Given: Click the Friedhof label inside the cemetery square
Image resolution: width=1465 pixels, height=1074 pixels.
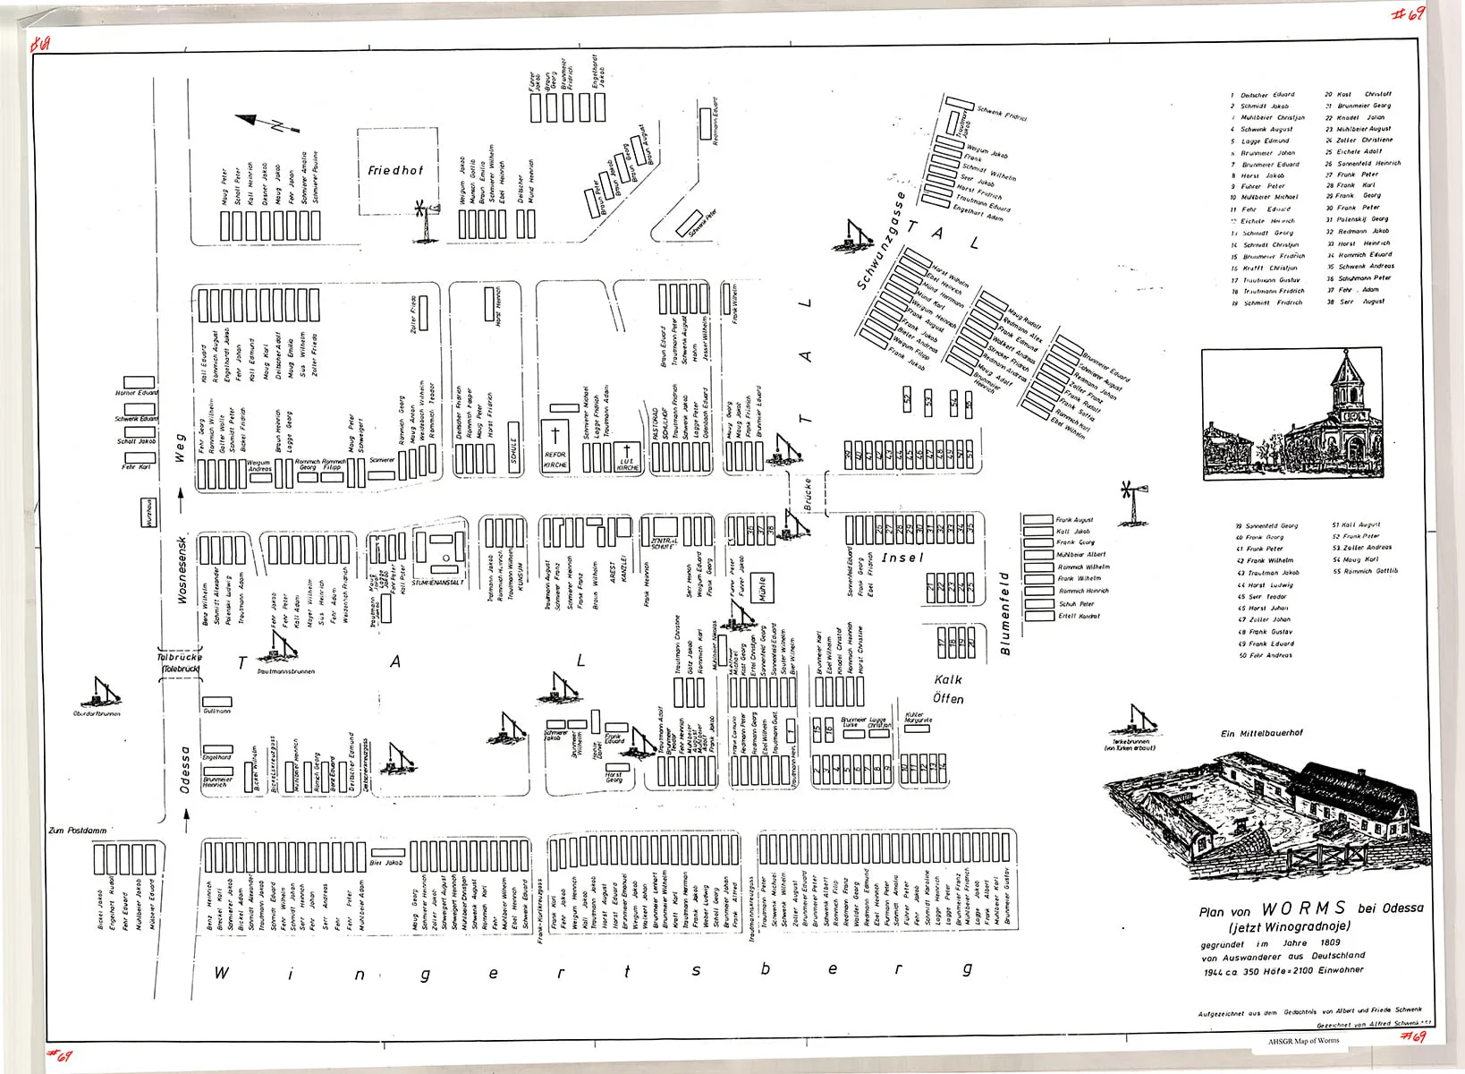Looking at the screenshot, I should click(394, 170).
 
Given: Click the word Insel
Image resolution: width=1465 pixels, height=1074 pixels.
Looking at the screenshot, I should click(902, 558).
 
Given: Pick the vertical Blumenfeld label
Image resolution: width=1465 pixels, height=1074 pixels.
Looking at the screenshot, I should click(1005, 614).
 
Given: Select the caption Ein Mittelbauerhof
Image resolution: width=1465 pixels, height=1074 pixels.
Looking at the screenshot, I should click(1261, 733).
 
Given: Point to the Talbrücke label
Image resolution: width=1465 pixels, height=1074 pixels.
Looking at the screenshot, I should click(180, 662).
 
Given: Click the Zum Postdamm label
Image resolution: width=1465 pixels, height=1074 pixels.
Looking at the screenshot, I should click(78, 831).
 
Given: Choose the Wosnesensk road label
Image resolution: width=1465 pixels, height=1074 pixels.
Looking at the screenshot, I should click(182, 570).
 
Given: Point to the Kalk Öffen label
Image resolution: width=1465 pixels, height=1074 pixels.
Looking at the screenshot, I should click(948, 689).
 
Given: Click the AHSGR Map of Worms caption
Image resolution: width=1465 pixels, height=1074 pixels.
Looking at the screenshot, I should click(1303, 1040).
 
